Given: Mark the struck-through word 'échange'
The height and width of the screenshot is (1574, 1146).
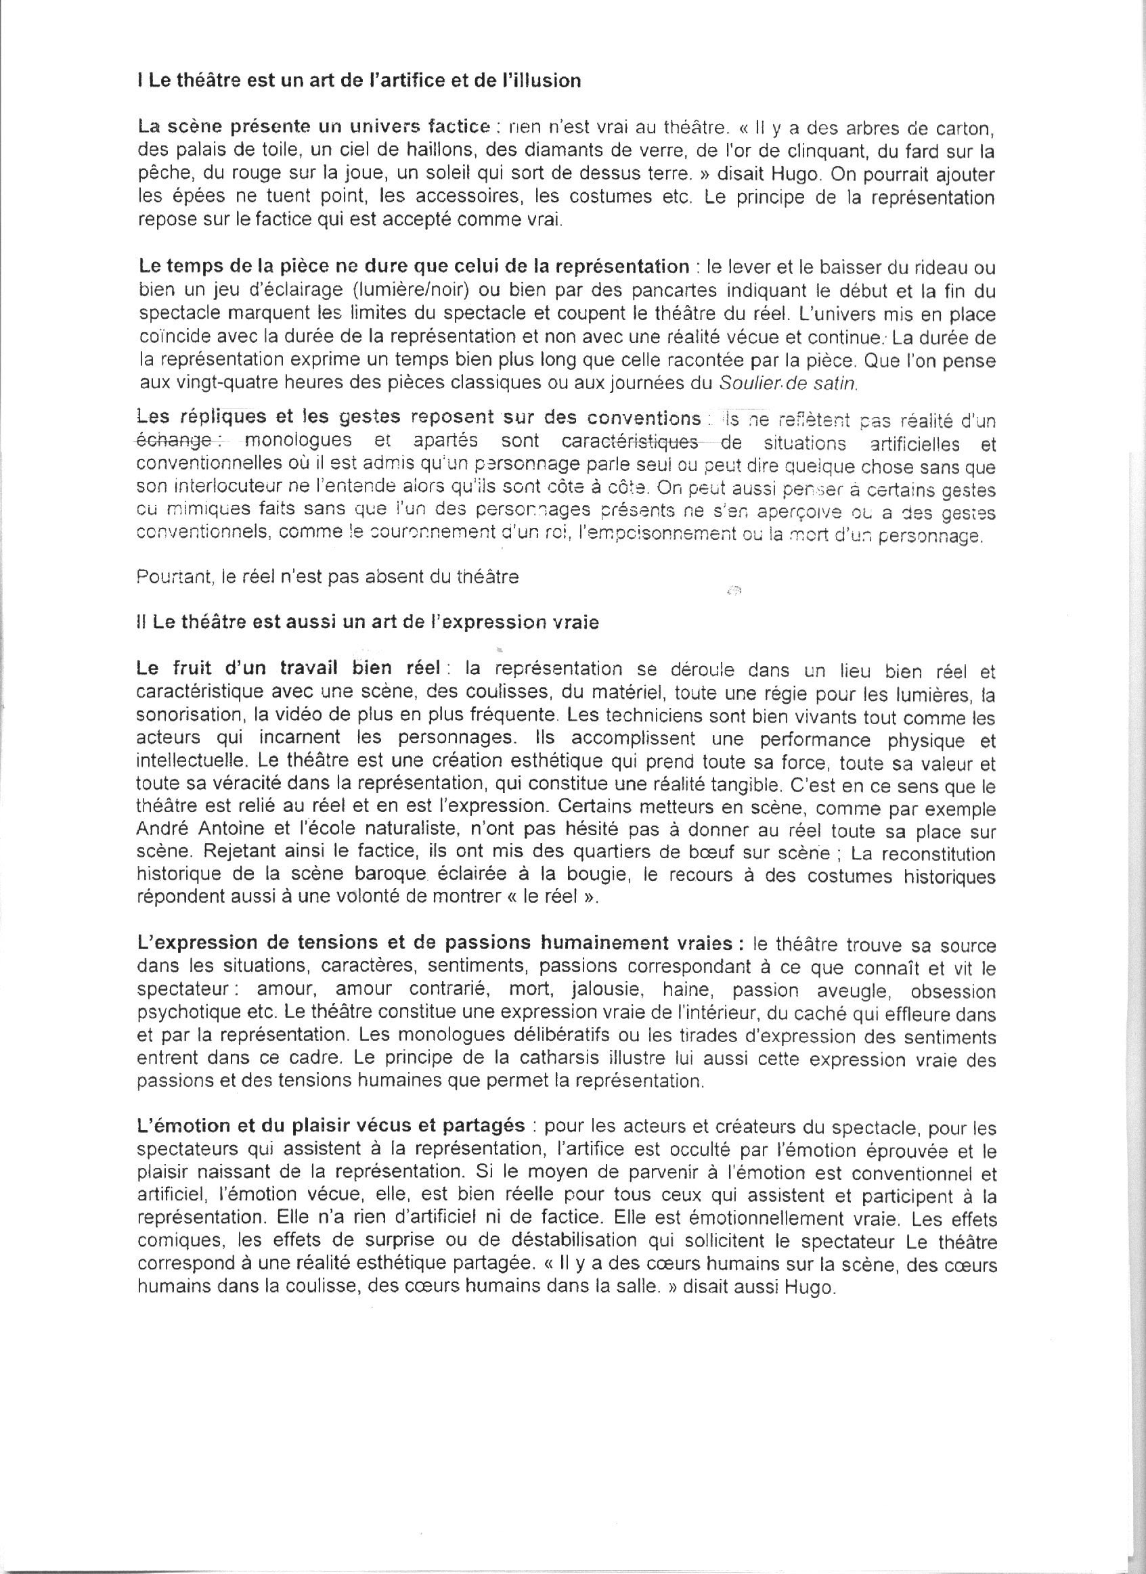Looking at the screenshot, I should coord(173,441).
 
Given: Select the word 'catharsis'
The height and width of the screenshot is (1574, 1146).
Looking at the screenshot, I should coord(632,1060).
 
